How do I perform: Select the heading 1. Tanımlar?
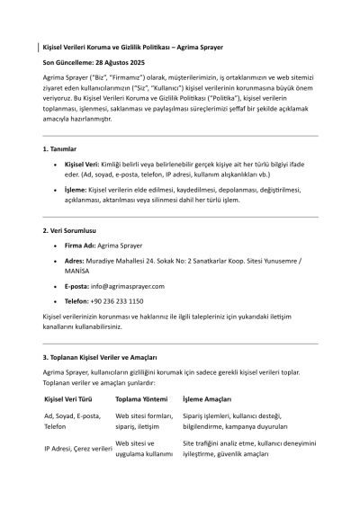pyautogui.click(x=60, y=147)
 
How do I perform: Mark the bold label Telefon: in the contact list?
pyautogui.click(x=78, y=301)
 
